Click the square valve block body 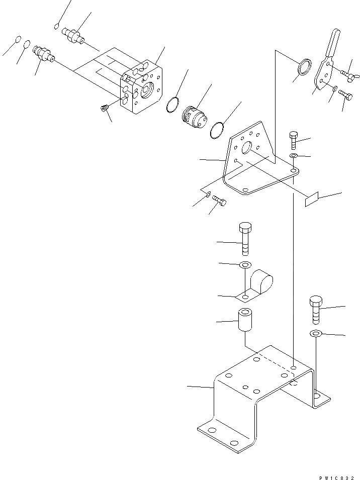pyautogui.click(x=143, y=88)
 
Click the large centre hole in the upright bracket pyautogui.click(x=247, y=148)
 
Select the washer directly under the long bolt pyautogui.click(x=245, y=264)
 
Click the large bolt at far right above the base pyautogui.click(x=316, y=310)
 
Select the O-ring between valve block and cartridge pyautogui.click(x=171, y=104)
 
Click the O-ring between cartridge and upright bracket pyautogui.click(x=218, y=130)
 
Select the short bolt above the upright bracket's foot pyautogui.click(x=294, y=138)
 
